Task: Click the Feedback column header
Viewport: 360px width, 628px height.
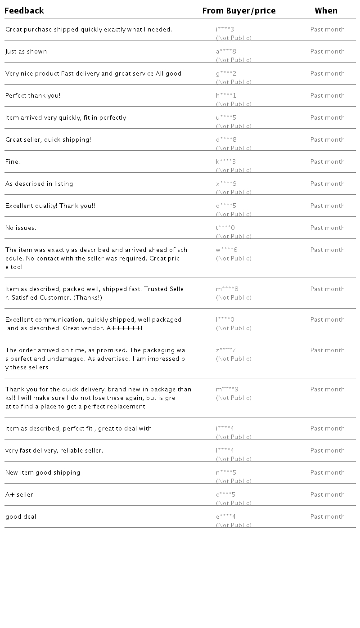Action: (24, 11)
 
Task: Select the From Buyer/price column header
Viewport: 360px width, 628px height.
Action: (239, 11)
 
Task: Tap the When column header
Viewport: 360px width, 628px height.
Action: (326, 11)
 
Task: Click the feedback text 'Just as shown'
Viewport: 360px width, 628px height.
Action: (26, 52)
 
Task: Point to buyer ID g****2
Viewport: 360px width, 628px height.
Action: (226, 74)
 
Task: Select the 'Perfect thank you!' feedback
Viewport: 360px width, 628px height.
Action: (33, 96)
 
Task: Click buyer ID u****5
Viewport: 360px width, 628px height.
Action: (226, 118)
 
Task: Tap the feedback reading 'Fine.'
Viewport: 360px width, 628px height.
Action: (13, 162)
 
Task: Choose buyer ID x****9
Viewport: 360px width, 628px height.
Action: (226, 184)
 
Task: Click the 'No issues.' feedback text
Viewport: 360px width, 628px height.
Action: (21, 228)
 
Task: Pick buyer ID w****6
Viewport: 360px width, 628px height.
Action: (226, 250)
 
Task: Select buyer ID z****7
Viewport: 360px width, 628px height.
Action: (225, 350)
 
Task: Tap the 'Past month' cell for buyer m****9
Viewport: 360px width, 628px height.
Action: (327, 390)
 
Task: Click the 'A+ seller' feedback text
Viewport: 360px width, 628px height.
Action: (19, 495)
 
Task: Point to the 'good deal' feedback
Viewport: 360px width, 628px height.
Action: (21, 517)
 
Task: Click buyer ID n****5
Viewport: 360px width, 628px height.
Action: (226, 473)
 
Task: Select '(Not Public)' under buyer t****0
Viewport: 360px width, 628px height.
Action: (234, 237)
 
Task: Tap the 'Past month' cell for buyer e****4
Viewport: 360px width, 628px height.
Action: (327, 517)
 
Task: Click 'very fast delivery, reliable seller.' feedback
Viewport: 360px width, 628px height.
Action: (54, 451)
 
